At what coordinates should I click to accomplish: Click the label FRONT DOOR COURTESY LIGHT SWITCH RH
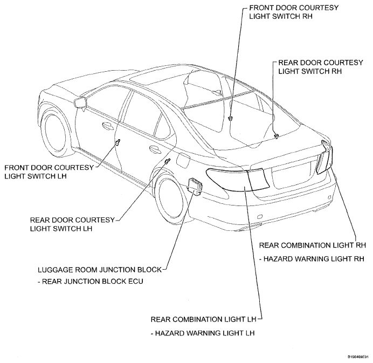coord(294,12)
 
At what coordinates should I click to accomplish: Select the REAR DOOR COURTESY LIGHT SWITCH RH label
coord(321,67)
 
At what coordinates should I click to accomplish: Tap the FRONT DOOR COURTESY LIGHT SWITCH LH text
coord(49,172)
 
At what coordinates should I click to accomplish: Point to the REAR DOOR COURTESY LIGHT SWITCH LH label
coord(72,224)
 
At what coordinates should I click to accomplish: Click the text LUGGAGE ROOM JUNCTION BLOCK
coord(100,270)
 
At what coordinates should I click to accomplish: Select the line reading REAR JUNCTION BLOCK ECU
coord(91,282)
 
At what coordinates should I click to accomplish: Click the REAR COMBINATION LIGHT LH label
coord(203,319)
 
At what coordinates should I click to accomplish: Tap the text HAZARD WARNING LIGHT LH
coord(203,333)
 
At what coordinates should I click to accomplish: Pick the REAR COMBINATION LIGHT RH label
coord(312,245)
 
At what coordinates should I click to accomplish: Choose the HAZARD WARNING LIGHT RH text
coord(312,259)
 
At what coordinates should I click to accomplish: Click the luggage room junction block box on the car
coord(196,186)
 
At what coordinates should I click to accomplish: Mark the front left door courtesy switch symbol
coord(118,142)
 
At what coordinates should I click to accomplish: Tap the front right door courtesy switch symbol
coord(230,118)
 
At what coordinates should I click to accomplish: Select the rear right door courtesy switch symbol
coord(277,135)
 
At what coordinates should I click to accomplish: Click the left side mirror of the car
coord(81,102)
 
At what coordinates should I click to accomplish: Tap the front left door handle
coord(108,126)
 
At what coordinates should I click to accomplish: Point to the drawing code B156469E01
coord(358,357)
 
